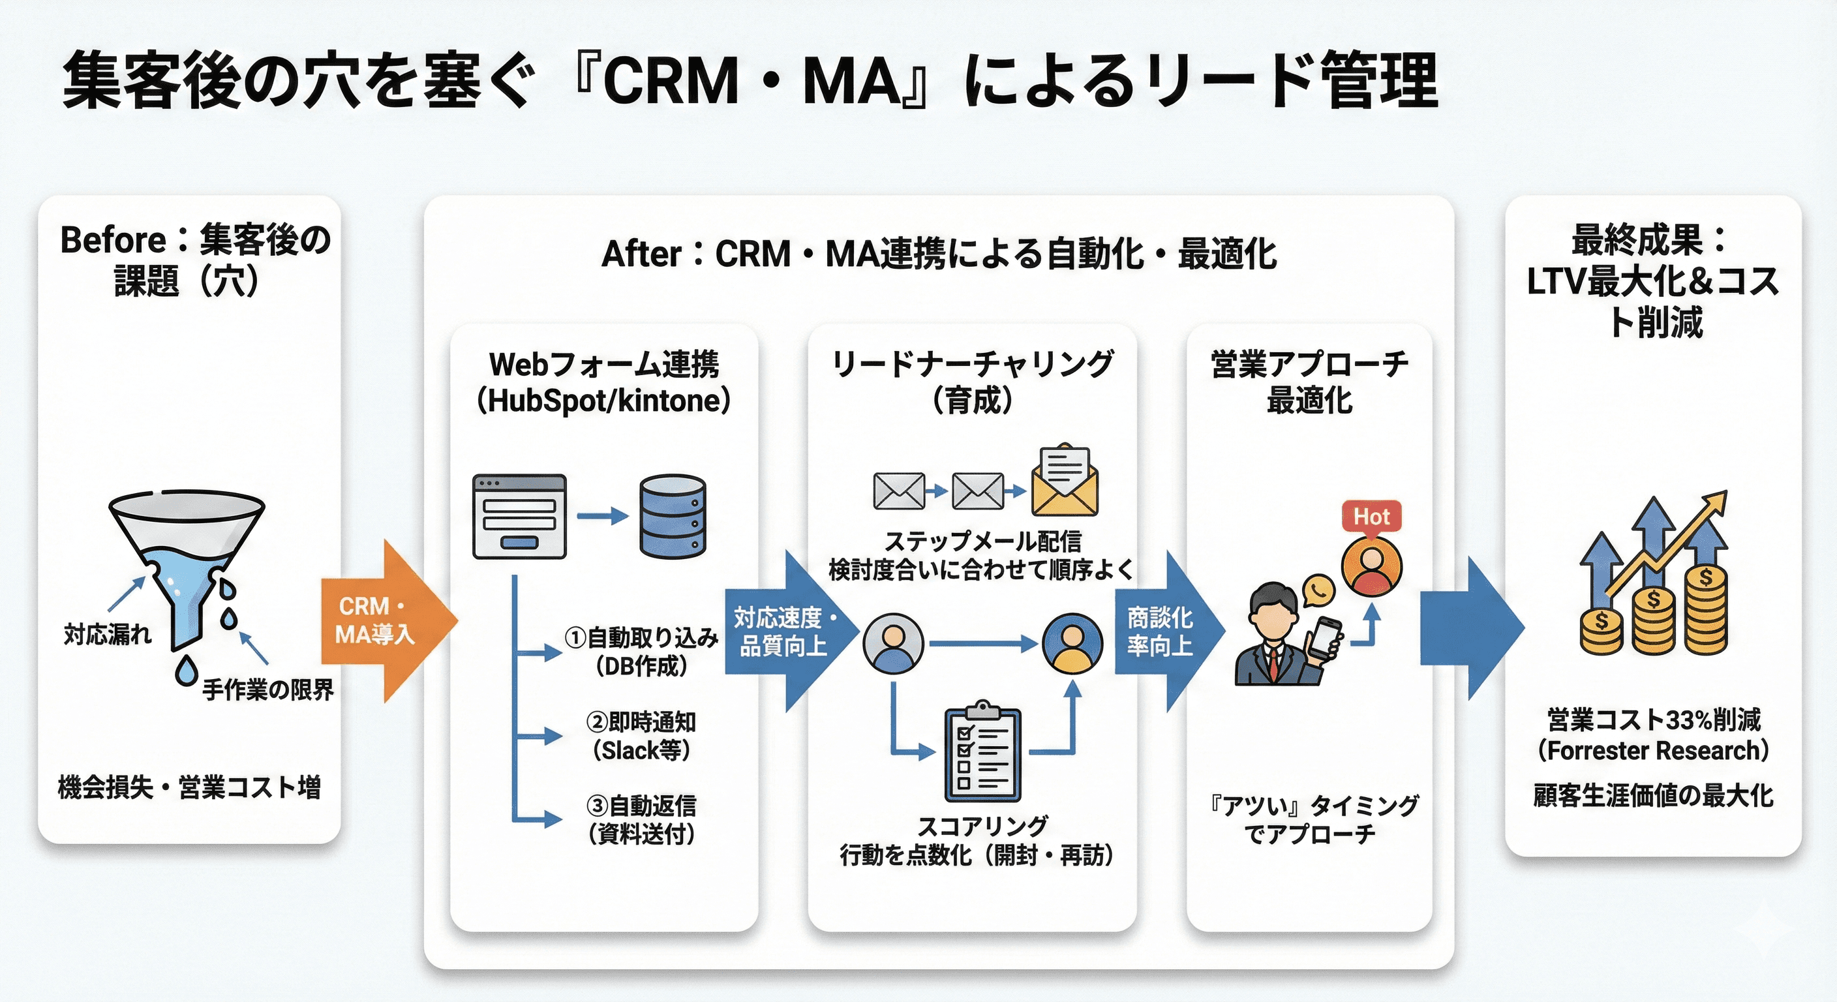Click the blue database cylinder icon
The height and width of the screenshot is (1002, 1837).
673,517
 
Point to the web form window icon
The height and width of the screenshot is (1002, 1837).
519,517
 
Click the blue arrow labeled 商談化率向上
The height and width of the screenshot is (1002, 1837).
1166,631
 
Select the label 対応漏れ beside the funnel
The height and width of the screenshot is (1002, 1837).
108,633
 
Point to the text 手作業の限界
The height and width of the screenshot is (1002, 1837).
267,690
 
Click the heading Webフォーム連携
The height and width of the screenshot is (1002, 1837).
604,365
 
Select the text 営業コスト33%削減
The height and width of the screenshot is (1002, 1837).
1653,720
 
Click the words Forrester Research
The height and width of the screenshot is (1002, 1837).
1653,751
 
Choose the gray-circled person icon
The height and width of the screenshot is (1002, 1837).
893,644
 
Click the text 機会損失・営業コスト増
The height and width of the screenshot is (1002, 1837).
189,787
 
